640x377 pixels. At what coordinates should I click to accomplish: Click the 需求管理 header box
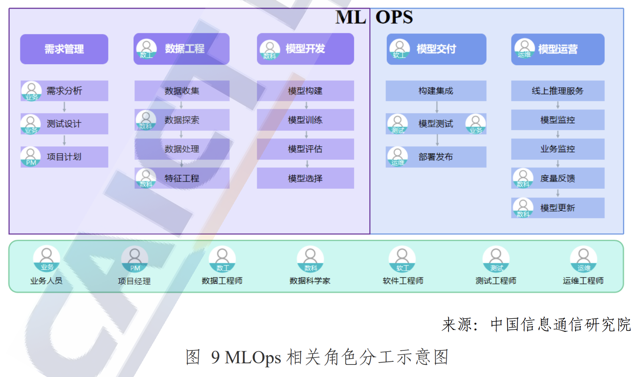tap(64, 49)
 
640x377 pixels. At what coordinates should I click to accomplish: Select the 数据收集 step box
tap(182, 91)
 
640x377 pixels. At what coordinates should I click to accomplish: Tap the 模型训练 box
tap(305, 120)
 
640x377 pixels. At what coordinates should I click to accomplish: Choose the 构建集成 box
tap(436, 91)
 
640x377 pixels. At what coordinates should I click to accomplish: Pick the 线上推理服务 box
tap(558, 91)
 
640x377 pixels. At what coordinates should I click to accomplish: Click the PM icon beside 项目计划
tap(31, 156)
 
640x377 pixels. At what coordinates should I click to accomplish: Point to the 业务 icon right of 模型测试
tap(476, 124)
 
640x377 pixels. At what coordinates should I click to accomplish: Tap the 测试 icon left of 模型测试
tap(398, 124)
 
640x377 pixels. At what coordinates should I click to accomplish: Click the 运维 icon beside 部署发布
tap(398, 156)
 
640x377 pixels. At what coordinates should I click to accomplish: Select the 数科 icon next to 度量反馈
tap(523, 178)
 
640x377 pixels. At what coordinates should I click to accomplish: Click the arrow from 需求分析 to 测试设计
tap(64, 107)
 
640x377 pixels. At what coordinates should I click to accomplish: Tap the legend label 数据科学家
tap(310, 281)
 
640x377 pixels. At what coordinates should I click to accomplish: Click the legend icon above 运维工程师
tap(583, 259)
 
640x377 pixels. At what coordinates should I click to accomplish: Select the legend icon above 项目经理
tap(134, 259)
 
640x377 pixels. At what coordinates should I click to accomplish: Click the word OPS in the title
tap(394, 18)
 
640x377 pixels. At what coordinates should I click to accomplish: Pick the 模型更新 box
tap(558, 208)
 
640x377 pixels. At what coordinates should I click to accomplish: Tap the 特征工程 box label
tap(182, 178)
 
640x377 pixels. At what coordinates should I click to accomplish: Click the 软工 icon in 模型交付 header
tap(399, 49)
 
